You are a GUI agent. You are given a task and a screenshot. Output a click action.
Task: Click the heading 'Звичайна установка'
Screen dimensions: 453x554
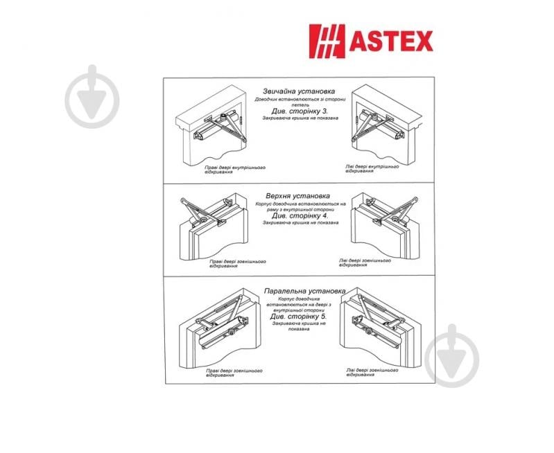pyautogui.click(x=300, y=91)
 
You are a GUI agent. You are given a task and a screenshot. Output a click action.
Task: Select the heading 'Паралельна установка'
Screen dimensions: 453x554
pyautogui.click(x=305, y=290)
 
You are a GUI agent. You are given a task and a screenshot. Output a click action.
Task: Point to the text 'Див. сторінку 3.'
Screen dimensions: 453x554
pyautogui.click(x=300, y=111)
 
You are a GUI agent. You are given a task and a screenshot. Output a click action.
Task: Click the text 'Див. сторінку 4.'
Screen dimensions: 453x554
pyautogui.click(x=300, y=215)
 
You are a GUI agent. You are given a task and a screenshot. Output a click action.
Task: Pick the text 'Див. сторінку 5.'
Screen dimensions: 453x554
pyautogui.click(x=300, y=317)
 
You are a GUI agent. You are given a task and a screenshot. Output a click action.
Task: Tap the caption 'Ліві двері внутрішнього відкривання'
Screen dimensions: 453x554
pyautogui.click(x=372, y=168)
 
